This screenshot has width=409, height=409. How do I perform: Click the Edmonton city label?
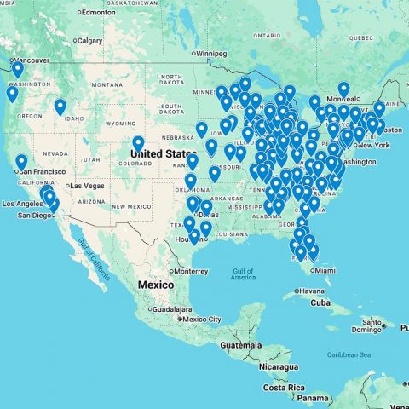(99, 12)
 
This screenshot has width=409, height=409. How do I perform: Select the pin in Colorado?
(138, 143)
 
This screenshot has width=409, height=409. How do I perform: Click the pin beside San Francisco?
(21, 162)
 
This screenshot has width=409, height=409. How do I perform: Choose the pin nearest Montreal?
(343, 89)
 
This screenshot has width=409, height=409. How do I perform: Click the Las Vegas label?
(86, 186)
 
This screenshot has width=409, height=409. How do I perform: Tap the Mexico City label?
(201, 320)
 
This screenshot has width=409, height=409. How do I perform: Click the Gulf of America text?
(243, 274)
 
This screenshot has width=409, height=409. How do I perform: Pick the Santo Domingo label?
(372, 323)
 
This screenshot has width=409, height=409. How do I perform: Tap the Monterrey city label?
(194, 271)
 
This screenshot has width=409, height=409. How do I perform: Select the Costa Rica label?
(284, 387)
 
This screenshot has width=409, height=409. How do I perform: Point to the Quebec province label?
(360, 37)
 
